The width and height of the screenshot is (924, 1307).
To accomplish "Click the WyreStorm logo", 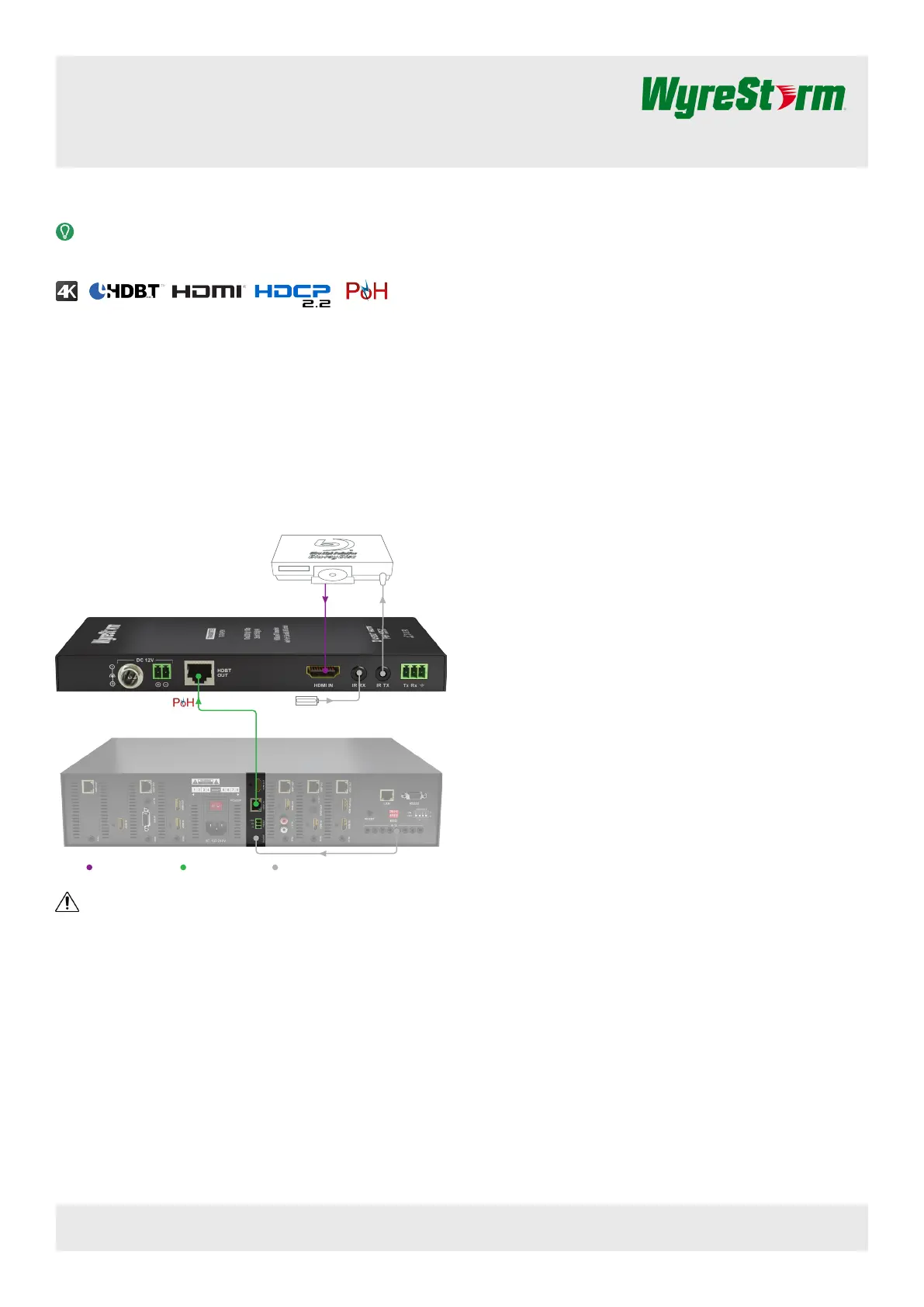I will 743,96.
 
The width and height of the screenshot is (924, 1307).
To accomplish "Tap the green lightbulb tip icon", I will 65,231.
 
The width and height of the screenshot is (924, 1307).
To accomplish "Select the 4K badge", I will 67,291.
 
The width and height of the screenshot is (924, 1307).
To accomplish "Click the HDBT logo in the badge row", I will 125,291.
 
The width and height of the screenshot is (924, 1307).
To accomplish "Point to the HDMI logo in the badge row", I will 206,291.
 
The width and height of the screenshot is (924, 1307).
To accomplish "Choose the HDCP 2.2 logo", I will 292,293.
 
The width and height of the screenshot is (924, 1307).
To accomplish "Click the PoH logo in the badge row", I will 366,291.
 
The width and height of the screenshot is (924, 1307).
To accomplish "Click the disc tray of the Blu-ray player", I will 333,575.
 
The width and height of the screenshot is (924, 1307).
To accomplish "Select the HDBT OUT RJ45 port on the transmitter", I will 199,674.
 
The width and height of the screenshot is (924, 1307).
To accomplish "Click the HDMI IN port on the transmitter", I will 323,671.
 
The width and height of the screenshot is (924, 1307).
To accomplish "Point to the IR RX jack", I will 360,674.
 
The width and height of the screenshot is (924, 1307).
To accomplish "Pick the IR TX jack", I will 382,674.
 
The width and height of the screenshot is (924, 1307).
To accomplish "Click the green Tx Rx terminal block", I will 414,671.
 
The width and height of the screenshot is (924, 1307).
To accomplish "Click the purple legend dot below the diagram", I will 89,867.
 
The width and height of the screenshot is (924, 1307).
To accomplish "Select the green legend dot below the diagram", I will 183,867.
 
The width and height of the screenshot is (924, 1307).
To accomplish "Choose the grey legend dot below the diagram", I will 275,867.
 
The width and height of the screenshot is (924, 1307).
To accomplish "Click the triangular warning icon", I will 67,902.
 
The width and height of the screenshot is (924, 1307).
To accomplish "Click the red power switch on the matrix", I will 216,806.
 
